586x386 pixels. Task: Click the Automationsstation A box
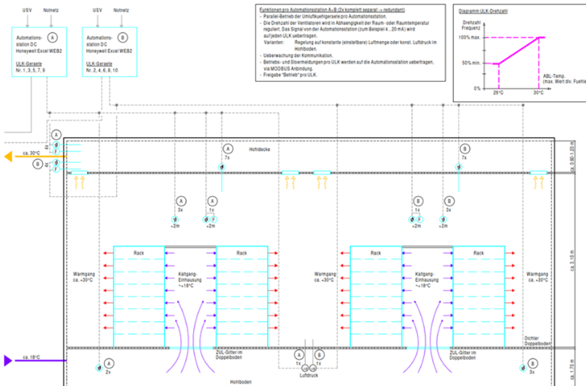[x=39, y=52]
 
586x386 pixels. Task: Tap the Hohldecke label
[x=260, y=150]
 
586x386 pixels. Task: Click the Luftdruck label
[x=308, y=376]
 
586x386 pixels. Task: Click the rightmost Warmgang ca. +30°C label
[x=537, y=275]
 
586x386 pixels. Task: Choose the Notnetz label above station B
[x=121, y=11]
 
